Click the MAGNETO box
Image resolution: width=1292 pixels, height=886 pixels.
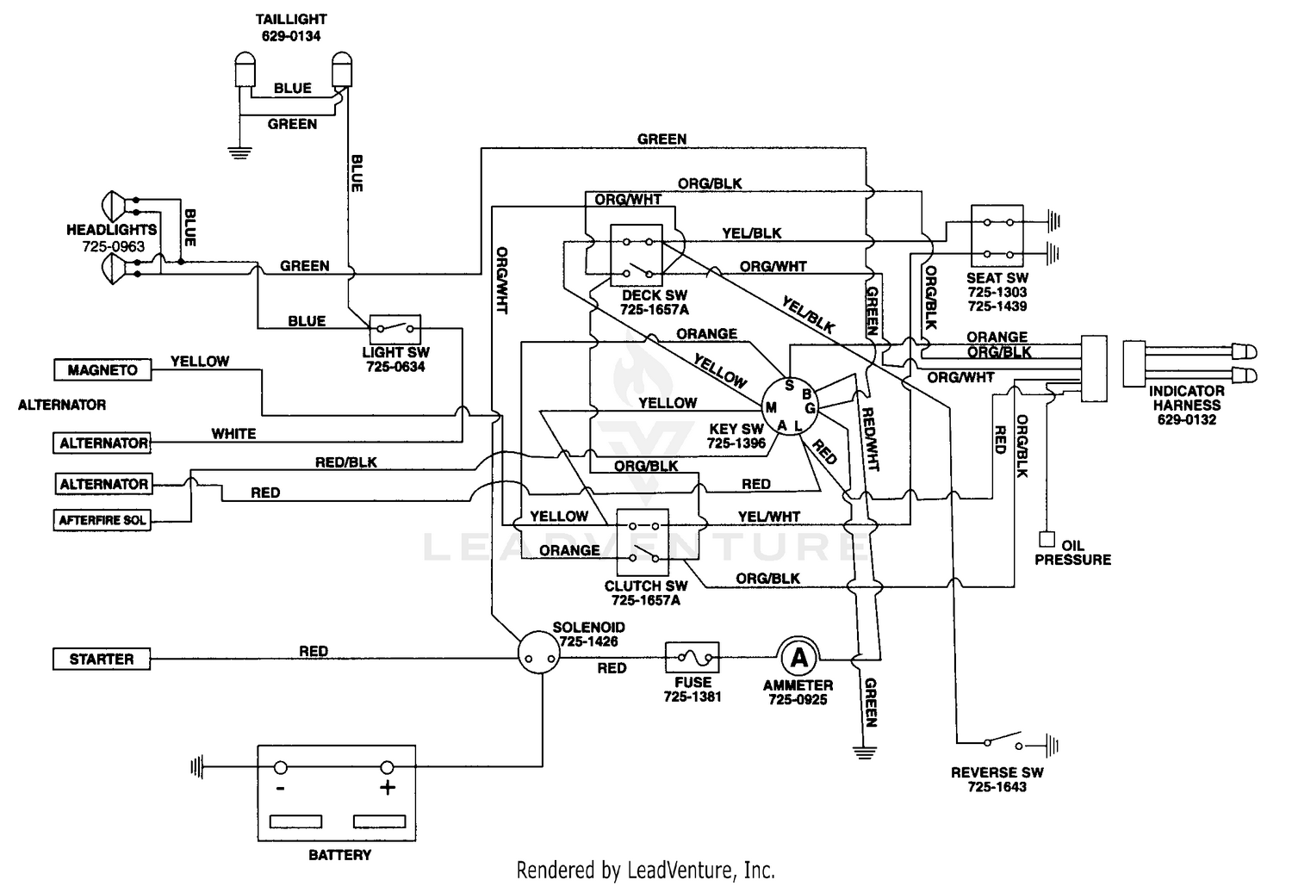click(x=102, y=370)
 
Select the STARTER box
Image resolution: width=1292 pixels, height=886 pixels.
click(x=101, y=660)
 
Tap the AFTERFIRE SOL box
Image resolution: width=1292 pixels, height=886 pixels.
click(x=102, y=520)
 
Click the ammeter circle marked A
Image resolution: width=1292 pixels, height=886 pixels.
click(x=799, y=659)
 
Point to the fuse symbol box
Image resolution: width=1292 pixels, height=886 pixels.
click(x=692, y=659)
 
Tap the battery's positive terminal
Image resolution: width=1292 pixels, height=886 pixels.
click(x=387, y=768)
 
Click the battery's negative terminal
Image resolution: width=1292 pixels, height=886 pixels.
click(x=281, y=768)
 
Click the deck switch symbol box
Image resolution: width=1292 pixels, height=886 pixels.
click(x=636, y=256)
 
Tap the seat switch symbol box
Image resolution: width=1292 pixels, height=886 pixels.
click(x=997, y=237)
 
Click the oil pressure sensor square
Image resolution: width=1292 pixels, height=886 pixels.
click(x=1047, y=540)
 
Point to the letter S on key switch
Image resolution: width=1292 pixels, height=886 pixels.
click(x=789, y=386)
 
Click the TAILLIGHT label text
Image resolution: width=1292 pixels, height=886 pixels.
click(x=291, y=19)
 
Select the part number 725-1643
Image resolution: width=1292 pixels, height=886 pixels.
click(x=997, y=787)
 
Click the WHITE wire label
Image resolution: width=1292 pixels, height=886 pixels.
click(x=233, y=434)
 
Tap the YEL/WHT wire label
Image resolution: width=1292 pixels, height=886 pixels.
click(x=768, y=517)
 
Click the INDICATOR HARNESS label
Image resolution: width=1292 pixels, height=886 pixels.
click(x=1187, y=398)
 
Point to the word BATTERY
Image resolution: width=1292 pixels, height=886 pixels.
click(x=339, y=855)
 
